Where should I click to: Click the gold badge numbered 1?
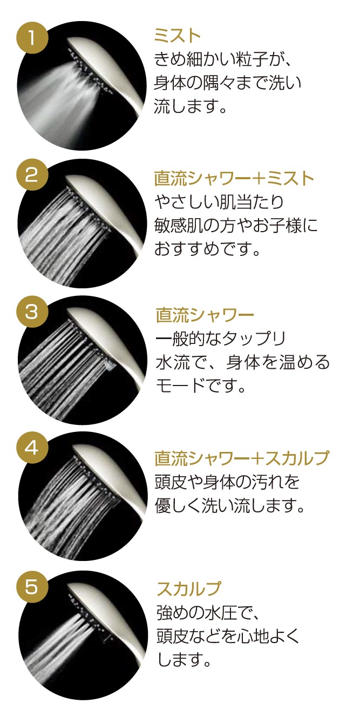(32, 38)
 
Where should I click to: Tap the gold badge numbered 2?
(32, 174)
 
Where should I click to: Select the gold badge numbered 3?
(32, 312)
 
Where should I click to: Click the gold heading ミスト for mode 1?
(178, 35)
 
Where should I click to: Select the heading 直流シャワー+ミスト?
(234, 178)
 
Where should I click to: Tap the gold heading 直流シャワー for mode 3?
(205, 315)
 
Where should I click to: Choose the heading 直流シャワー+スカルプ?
(242, 458)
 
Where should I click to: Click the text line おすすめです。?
(207, 249)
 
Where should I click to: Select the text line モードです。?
(201, 386)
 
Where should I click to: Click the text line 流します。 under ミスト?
(191, 106)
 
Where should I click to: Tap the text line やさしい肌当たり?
(219, 202)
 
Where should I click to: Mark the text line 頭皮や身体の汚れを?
(227, 482)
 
